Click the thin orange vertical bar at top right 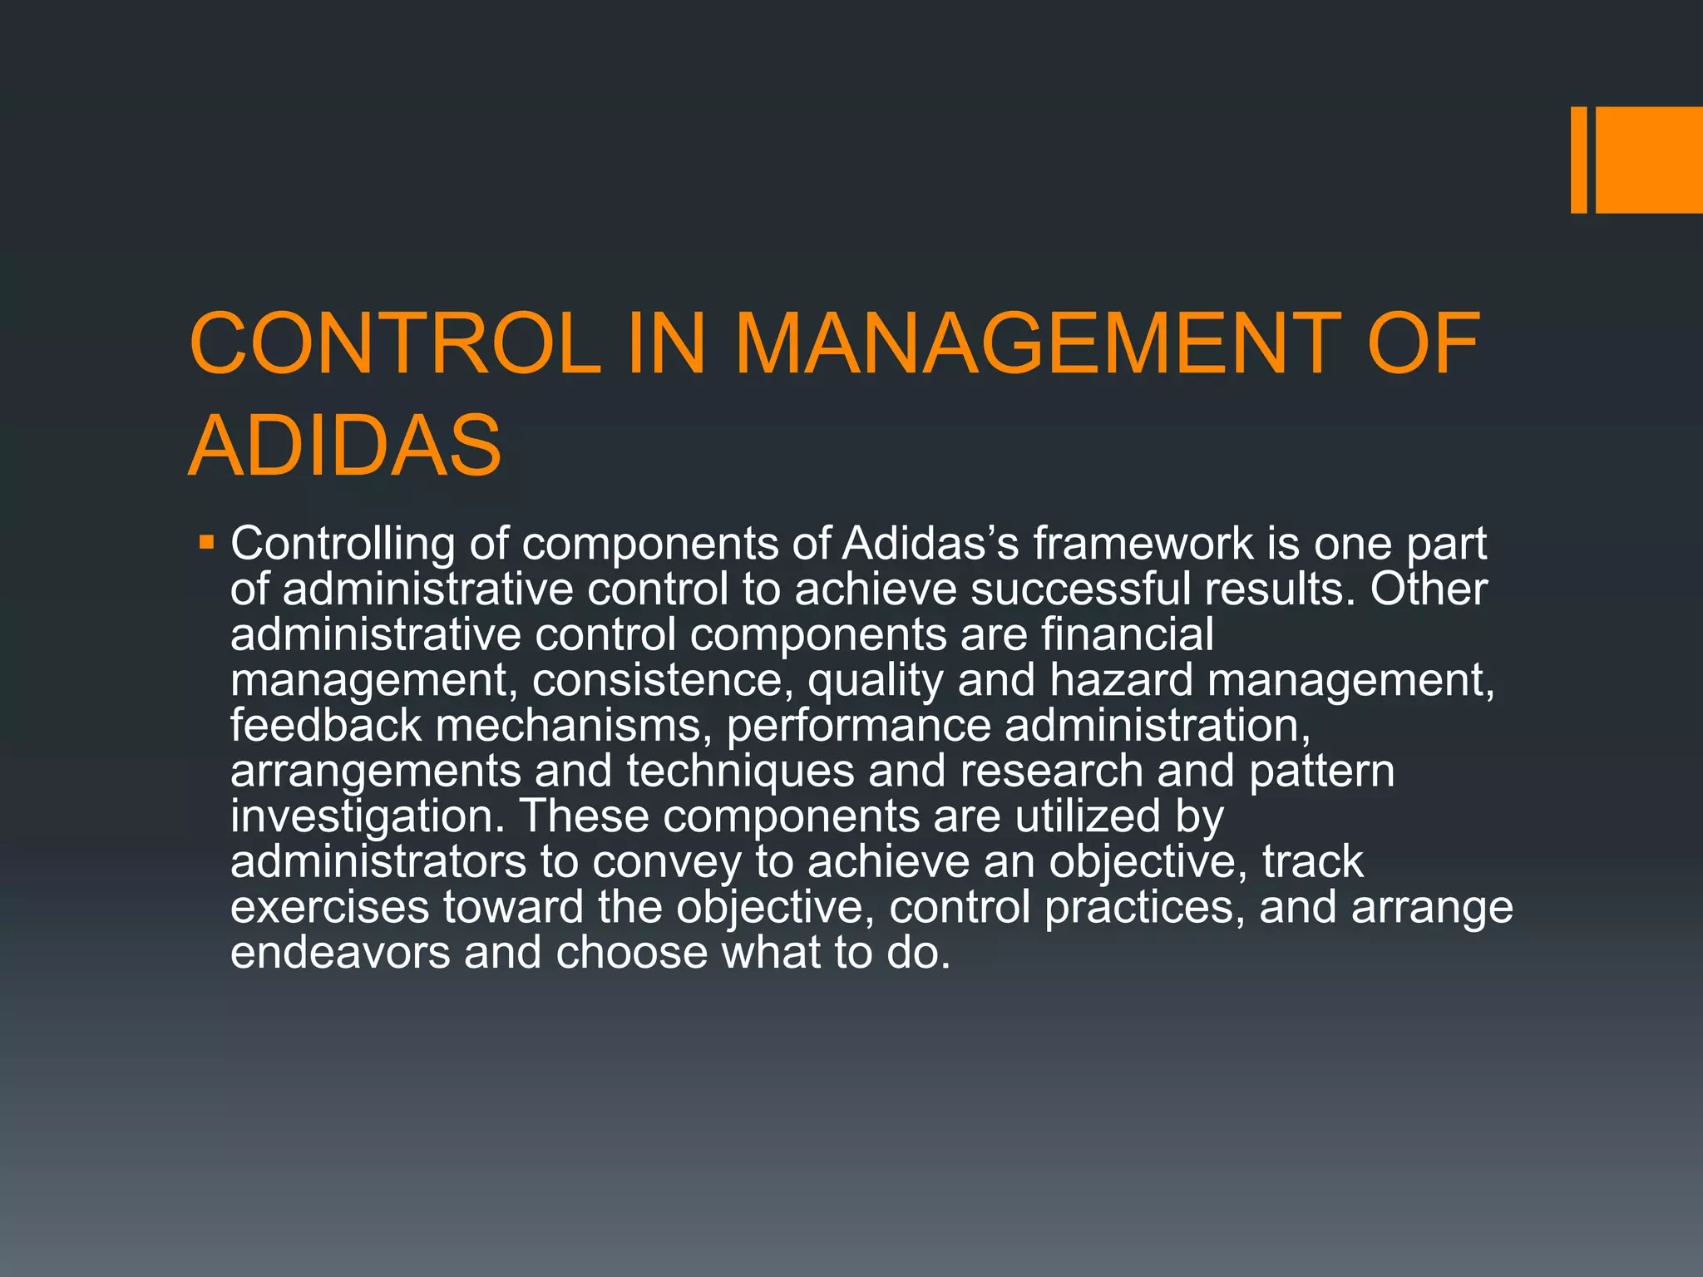click(x=1578, y=160)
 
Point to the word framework click(x=1143, y=544)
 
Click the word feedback click(x=326, y=725)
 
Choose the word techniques click(x=740, y=771)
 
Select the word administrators click(x=378, y=861)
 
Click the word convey click(x=666, y=861)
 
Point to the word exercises click(x=329, y=907)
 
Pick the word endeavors click(x=340, y=952)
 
